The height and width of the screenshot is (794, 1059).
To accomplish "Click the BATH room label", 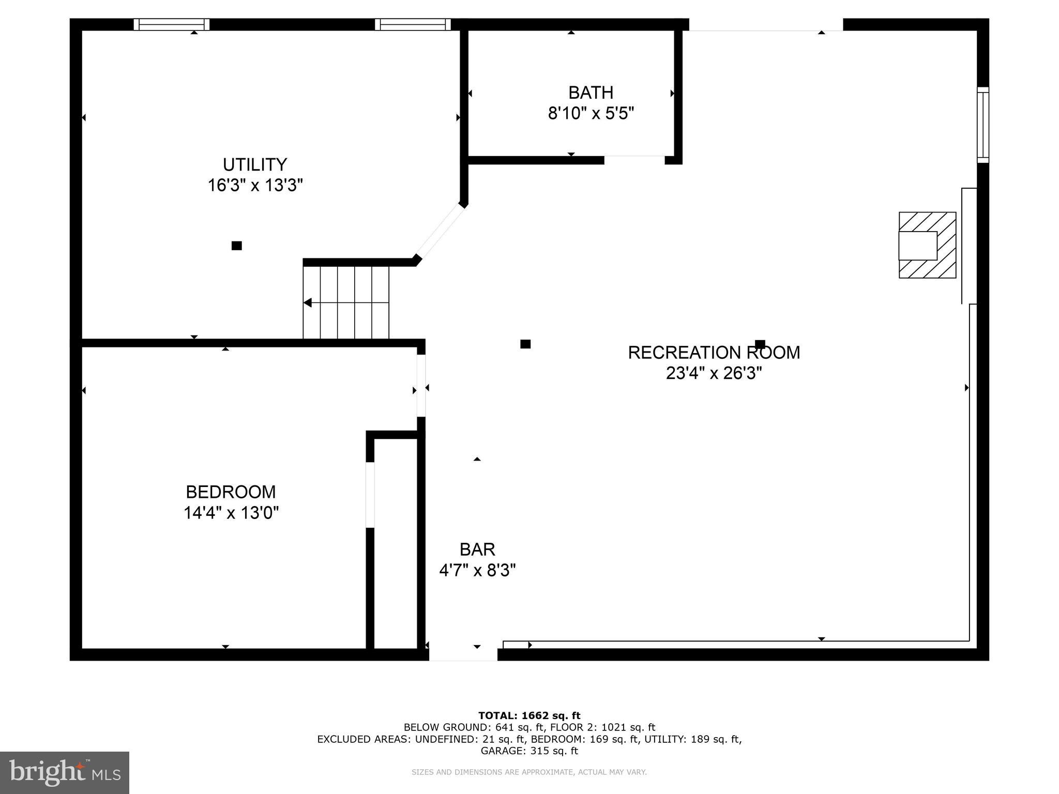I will (x=591, y=93).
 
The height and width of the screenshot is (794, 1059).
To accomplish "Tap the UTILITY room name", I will (x=254, y=164).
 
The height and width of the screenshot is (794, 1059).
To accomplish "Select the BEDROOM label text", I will (x=231, y=492).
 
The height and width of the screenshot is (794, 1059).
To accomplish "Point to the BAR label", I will (x=477, y=549).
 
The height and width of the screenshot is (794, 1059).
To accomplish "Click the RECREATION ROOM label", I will (x=714, y=353).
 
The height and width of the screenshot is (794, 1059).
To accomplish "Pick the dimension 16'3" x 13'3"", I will (x=255, y=185).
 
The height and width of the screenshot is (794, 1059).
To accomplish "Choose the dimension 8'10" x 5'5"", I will (x=591, y=113).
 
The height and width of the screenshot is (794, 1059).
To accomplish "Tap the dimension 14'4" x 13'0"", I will (x=231, y=513).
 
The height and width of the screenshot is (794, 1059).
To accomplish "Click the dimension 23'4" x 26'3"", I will (x=714, y=373).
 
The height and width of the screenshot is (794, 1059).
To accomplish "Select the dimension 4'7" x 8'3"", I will (x=477, y=570).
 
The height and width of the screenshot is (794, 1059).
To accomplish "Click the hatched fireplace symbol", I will (x=927, y=245).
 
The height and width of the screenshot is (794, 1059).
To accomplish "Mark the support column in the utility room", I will (x=236, y=246).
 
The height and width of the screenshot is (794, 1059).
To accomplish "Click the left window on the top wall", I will (x=171, y=24).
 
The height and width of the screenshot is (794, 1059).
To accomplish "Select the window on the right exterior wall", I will (x=982, y=125).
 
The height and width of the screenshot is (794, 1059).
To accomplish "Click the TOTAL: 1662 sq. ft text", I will (x=529, y=715).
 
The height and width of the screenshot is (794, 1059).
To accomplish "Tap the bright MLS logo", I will (x=64, y=772).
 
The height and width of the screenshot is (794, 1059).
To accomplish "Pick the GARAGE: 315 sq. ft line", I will (x=529, y=751).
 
